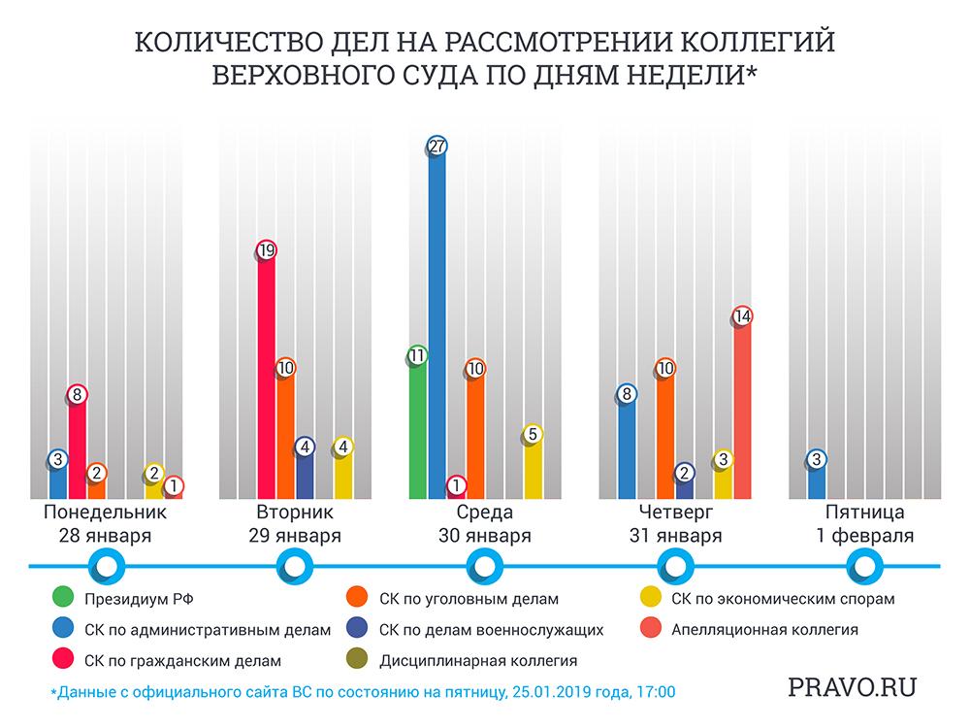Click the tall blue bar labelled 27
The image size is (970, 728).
click(437, 320)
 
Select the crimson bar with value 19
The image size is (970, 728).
click(267, 379)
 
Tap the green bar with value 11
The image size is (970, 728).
click(418, 427)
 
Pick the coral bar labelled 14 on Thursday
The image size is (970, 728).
click(743, 408)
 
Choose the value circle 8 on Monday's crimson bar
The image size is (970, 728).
click(78, 395)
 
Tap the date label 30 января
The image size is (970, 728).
click(485, 536)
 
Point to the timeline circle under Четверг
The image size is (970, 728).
click(675, 565)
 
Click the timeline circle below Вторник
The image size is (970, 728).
click(296, 565)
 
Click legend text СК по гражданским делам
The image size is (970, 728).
click(183, 661)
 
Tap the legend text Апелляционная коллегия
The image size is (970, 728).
click(764, 630)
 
